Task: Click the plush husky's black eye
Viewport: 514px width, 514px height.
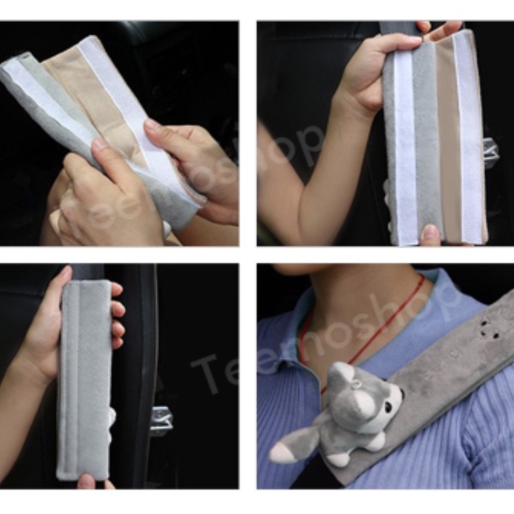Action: tap(390, 408)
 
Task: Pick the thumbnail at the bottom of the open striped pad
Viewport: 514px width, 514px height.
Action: tap(430, 234)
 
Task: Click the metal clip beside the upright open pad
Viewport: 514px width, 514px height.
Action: tap(490, 152)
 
